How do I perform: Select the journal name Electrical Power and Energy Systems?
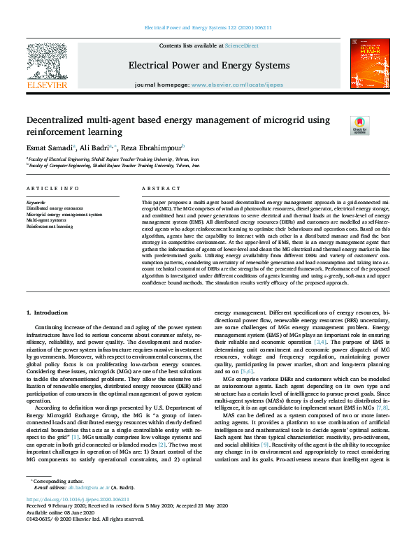(208, 66)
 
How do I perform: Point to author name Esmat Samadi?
(48, 147)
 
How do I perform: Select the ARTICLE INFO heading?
(52, 189)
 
